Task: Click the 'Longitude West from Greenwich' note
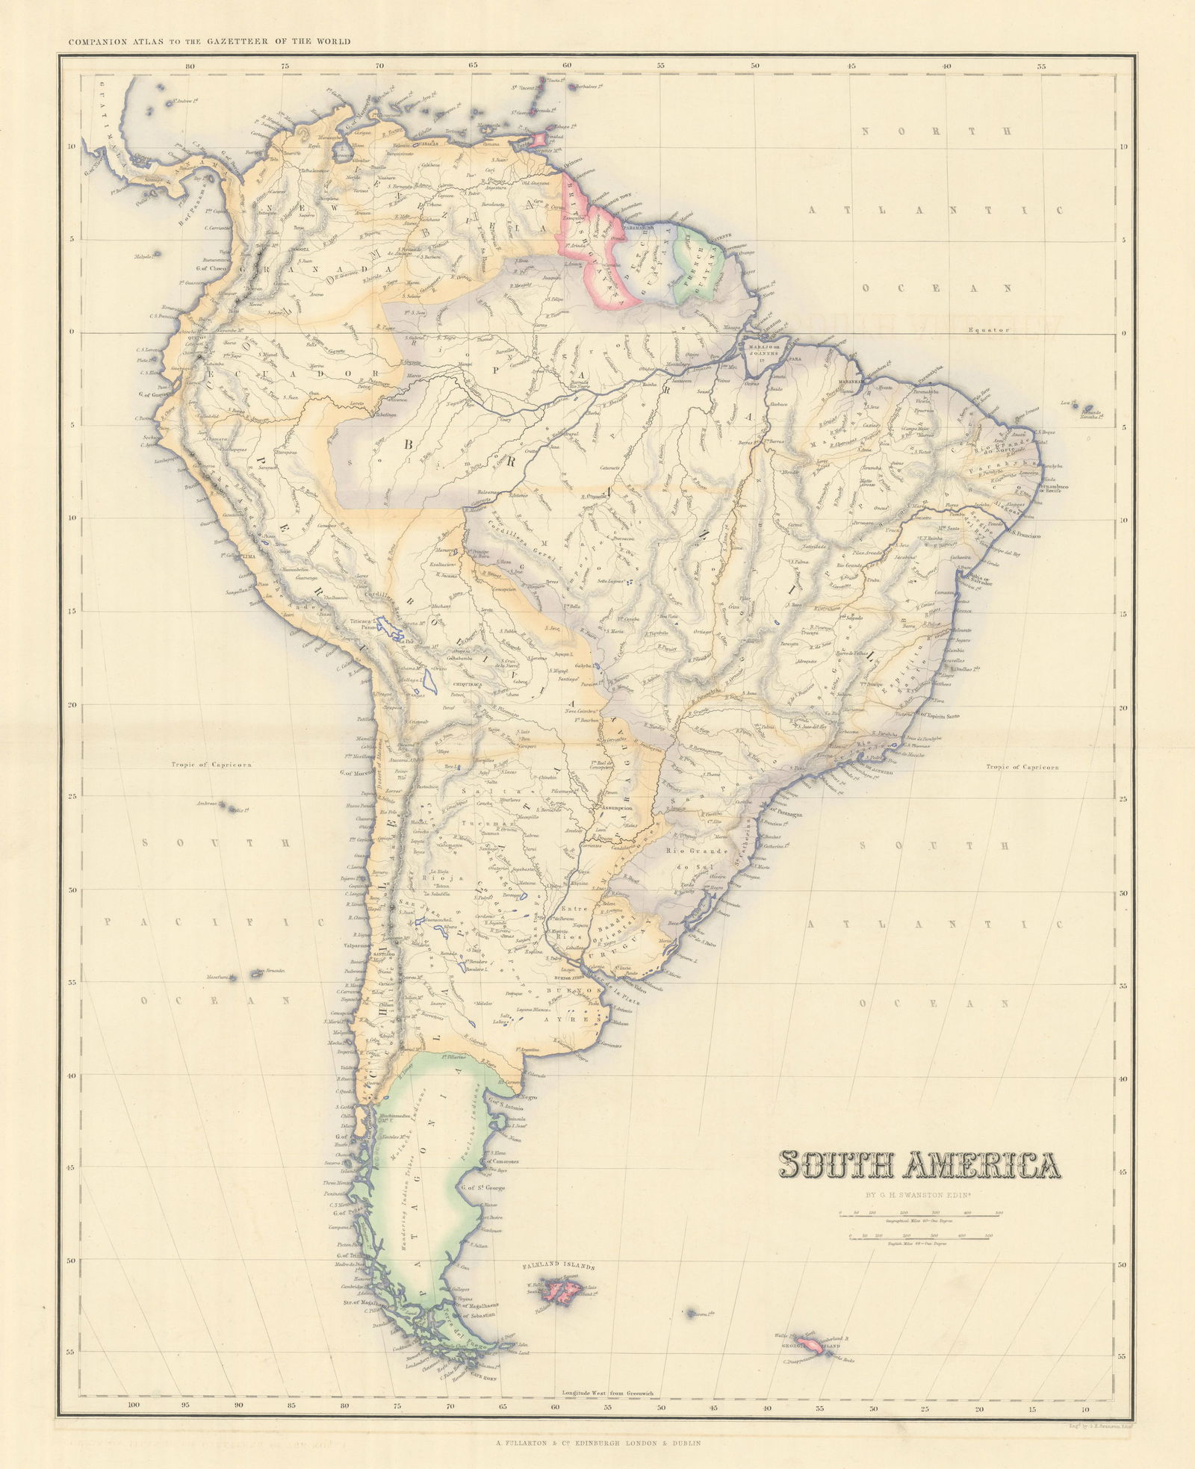[606, 1393]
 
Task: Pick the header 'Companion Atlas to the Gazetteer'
[209, 42]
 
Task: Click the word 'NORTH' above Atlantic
[937, 131]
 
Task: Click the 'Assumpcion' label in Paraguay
[613, 807]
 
